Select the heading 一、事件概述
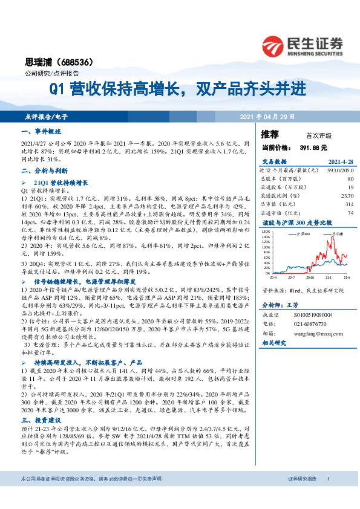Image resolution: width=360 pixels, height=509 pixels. coord(41,131)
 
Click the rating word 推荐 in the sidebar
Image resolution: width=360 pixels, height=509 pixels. coord(270,134)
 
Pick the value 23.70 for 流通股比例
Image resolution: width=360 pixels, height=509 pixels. coord(347,195)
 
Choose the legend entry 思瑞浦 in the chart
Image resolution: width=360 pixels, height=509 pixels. coord(337,232)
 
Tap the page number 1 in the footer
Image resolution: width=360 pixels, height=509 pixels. coord(328,496)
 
